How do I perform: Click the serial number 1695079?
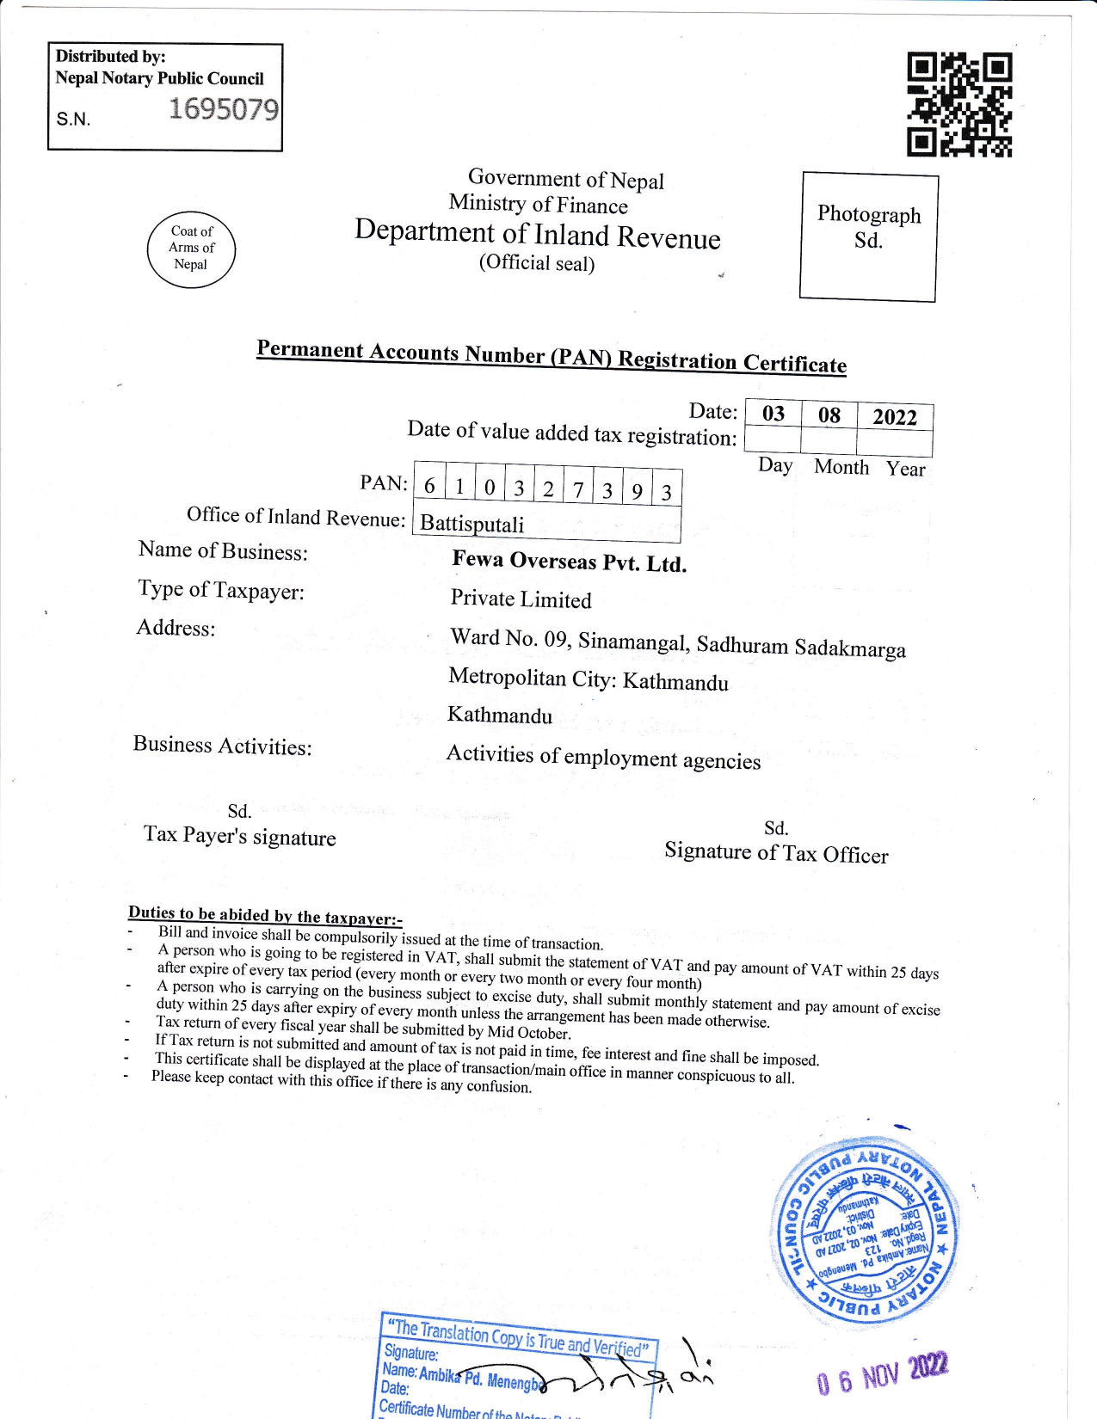coord(224,109)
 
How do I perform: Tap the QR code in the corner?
coord(959,105)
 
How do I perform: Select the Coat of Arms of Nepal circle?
coord(191,249)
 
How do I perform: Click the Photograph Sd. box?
coord(868,236)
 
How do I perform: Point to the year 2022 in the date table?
coord(895,417)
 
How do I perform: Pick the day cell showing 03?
coord(773,414)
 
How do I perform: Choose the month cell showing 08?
coord(829,415)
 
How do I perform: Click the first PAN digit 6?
coord(429,486)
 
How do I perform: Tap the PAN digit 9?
coord(637,491)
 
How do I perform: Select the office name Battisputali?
coord(471,524)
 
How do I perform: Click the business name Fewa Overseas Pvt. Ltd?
coord(569,562)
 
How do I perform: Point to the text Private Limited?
coord(521,599)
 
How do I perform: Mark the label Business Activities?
coord(222,746)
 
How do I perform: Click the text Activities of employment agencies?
coord(603,758)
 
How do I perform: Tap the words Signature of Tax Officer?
coord(776,853)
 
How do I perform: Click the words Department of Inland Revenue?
coord(538,234)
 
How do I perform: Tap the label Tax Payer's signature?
coord(239,836)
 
